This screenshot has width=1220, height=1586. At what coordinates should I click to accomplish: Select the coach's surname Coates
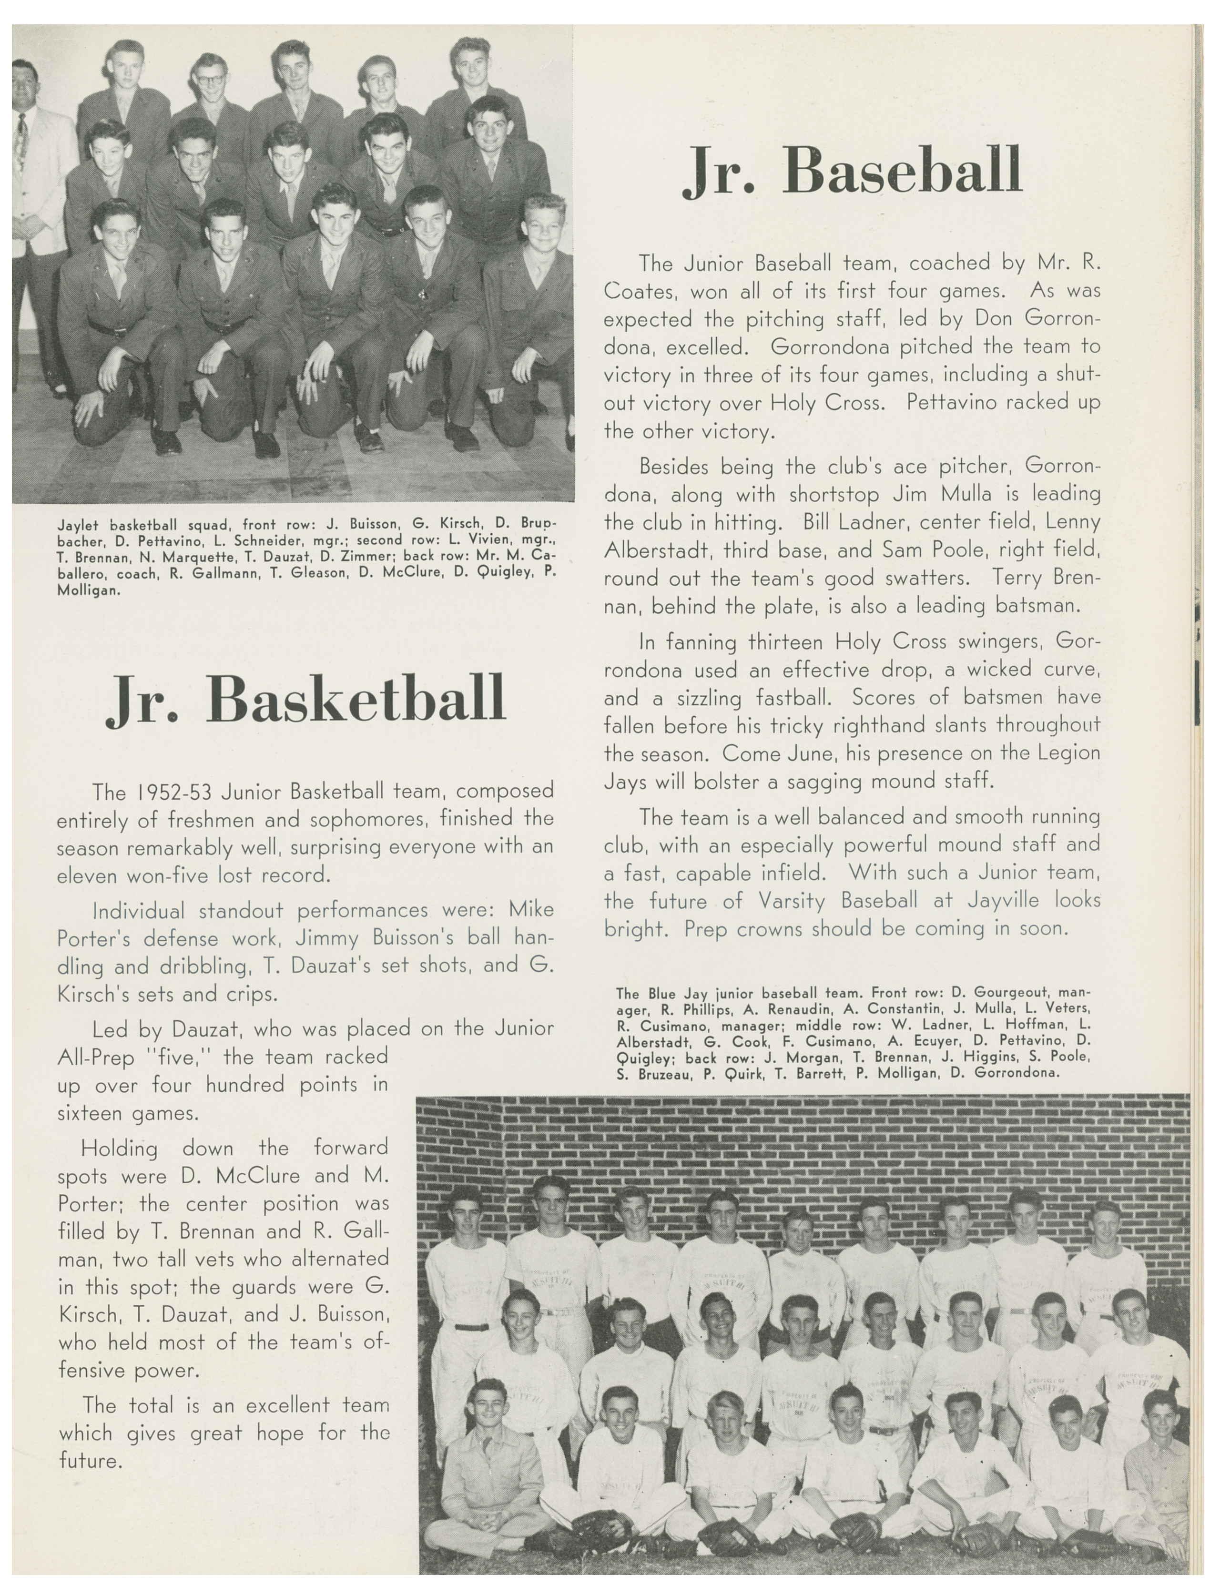[x=639, y=291]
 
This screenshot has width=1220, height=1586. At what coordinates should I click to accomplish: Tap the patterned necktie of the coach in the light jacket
[x=22, y=146]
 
